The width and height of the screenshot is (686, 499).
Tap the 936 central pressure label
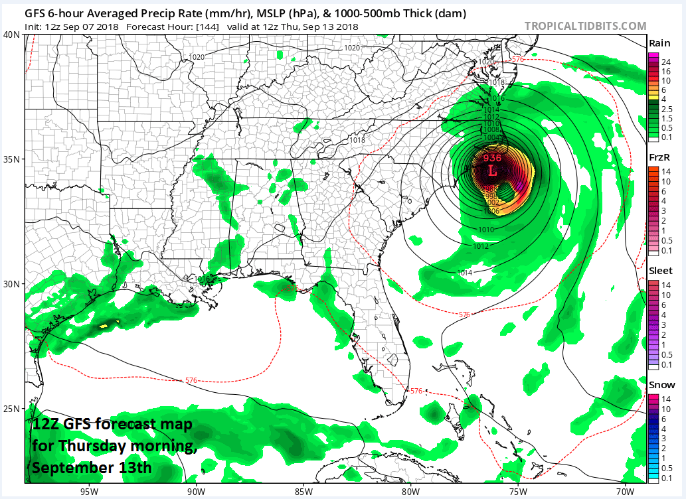tap(492, 158)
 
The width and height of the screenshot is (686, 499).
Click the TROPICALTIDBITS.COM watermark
tap(585, 26)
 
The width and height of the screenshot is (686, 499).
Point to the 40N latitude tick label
tap(11, 35)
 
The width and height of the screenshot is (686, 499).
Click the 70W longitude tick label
tap(624, 491)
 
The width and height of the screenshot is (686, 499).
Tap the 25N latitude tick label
tap(11, 408)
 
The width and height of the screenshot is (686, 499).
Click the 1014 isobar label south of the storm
tap(465, 273)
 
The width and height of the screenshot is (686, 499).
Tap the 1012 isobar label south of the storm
tap(481, 246)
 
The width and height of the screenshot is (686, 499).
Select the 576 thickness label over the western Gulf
tap(191, 380)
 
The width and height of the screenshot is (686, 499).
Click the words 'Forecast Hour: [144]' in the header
tap(166, 27)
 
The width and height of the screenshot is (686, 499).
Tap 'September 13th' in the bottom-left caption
tap(92, 467)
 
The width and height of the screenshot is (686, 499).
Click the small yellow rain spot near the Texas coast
tap(104, 326)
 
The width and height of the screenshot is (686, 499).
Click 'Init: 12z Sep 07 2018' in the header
tap(71, 27)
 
